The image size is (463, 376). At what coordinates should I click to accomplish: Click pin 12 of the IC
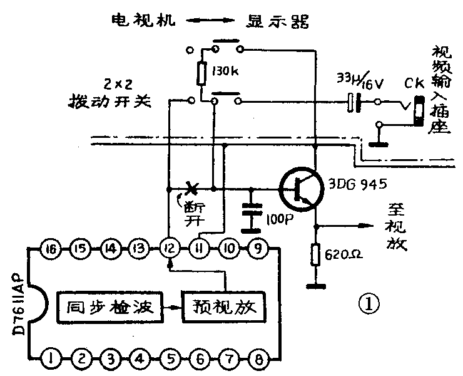[167, 249]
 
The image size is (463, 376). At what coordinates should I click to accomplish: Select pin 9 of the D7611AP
[255, 249]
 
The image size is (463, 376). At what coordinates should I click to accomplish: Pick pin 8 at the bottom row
[255, 359]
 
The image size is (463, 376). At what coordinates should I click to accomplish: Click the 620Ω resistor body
[316, 254]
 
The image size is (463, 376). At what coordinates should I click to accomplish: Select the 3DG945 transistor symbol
[300, 188]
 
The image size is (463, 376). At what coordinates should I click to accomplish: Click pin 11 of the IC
[196, 249]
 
